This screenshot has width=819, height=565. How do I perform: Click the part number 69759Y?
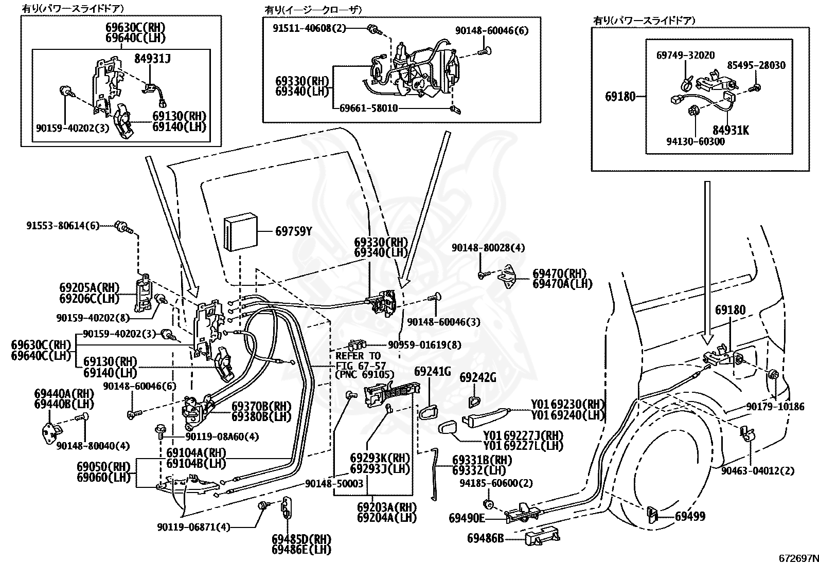(294, 231)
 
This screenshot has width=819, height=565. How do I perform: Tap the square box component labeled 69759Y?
(241, 233)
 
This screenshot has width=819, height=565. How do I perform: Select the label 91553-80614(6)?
(63, 226)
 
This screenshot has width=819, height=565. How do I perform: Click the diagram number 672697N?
(798, 558)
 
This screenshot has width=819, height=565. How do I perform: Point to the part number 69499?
(690, 516)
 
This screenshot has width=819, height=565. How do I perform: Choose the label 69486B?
(485, 538)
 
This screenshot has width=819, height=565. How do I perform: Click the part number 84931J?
(152, 59)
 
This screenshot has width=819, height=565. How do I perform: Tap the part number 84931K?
(731, 130)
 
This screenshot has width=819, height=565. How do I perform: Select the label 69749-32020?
(686, 55)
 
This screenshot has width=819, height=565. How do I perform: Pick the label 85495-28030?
(756, 65)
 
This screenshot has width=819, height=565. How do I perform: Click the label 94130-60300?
(696, 141)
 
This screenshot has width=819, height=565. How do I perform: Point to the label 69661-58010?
(368, 108)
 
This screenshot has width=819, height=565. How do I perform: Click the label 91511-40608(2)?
(309, 28)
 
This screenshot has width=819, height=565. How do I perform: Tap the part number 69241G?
(433, 371)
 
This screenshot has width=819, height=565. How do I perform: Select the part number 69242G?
(478, 377)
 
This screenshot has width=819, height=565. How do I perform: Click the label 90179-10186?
(775, 406)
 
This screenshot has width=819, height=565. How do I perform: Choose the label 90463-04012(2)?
(758, 470)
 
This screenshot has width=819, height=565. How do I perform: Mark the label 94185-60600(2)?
(496, 483)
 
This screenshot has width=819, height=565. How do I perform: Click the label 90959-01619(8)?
(424, 344)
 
